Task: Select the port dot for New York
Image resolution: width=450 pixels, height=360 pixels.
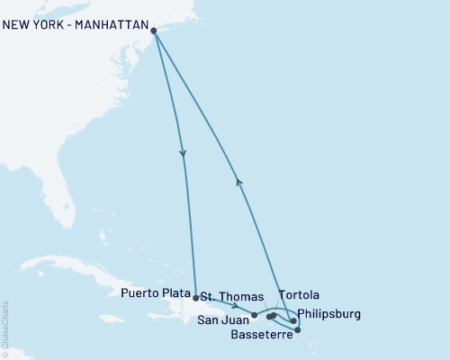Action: click(x=155, y=31)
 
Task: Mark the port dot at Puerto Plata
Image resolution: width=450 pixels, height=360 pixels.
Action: click(x=195, y=296)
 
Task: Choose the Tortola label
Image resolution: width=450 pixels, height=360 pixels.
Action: click(x=299, y=295)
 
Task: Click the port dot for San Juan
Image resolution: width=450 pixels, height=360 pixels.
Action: click(x=255, y=315)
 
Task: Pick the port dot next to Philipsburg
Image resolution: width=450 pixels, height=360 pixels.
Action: click(x=293, y=320)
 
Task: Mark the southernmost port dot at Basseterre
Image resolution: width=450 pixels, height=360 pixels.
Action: click(x=298, y=330)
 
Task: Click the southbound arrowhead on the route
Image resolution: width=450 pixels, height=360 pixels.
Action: click(x=183, y=154)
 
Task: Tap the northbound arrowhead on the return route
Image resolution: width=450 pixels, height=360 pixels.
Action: click(x=238, y=181)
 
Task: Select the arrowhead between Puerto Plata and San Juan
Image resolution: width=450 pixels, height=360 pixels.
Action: click(x=234, y=307)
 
